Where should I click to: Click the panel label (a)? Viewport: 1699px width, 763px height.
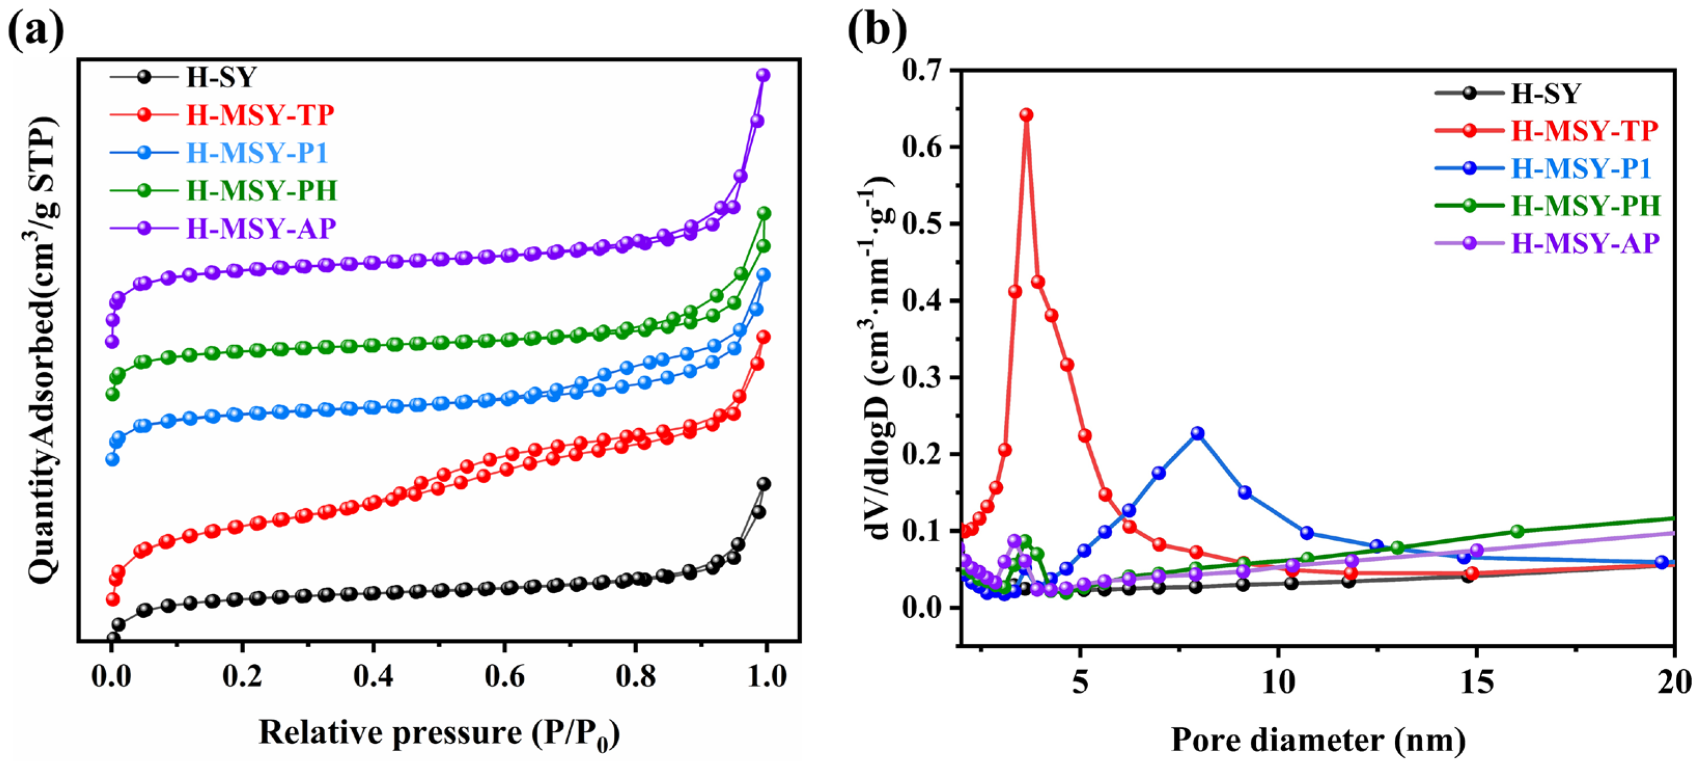coord(36,30)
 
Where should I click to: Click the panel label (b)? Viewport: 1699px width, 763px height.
coord(877,30)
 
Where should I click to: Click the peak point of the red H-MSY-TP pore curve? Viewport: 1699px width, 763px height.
coord(1026,115)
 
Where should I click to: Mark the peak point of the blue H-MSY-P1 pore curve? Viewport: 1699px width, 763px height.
coord(1198,433)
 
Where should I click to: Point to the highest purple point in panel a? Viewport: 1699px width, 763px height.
coord(763,75)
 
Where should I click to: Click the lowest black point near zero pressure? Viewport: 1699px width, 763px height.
coord(113,638)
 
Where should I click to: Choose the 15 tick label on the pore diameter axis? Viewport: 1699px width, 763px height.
coord(1476,683)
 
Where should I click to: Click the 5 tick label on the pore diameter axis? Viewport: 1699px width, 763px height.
coord(1079,683)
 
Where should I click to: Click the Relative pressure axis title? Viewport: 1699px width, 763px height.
coord(439,733)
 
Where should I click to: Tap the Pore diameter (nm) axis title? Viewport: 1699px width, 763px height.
coord(1318,739)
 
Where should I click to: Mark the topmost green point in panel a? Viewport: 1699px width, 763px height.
coord(764,213)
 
